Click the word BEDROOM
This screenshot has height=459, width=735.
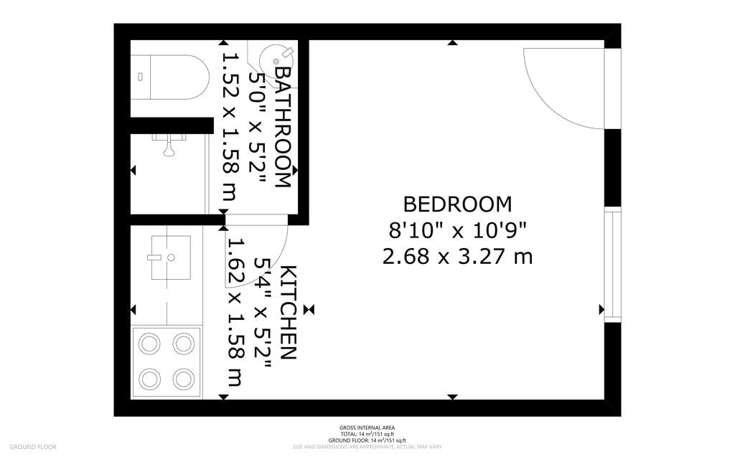click(x=457, y=204)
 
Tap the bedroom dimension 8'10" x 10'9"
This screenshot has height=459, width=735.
click(x=457, y=230)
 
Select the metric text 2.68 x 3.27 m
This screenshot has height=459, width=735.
click(x=457, y=256)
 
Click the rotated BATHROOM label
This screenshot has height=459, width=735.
click(x=282, y=127)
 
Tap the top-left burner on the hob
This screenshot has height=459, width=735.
click(x=149, y=344)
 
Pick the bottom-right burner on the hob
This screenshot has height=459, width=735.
click(x=184, y=378)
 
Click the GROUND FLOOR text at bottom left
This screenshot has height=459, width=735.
click(x=33, y=447)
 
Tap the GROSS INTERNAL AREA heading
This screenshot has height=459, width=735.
click(x=367, y=427)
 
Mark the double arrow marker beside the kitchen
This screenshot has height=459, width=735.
click(x=309, y=309)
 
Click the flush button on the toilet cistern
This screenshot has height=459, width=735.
click(x=141, y=76)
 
